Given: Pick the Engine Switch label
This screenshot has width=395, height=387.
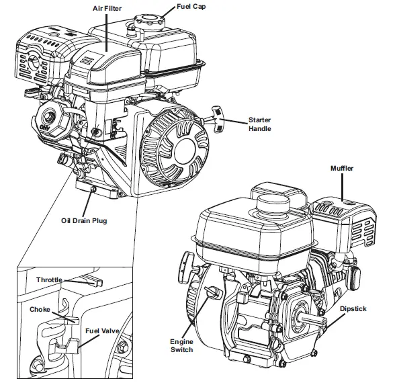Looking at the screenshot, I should [x=181, y=345].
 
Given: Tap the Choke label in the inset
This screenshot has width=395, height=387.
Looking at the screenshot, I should [x=40, y=310].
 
